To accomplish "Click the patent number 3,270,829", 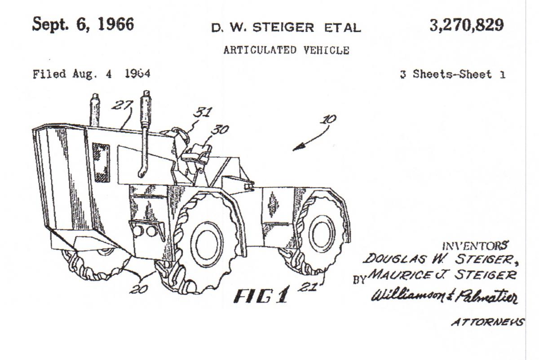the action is (467, 26).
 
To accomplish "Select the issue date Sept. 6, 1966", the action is (83, 24).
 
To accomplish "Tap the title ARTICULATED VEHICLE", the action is (287, 50).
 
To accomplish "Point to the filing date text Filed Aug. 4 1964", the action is (92, 74).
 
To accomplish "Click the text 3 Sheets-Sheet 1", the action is (453, 75).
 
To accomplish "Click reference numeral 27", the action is (122, 105).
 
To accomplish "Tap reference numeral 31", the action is (203, 112).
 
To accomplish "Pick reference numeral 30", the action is (220, 130).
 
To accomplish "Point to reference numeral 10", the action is (328, 119).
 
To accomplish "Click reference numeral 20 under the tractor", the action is (139, 289).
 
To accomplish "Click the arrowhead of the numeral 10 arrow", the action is (297, 147).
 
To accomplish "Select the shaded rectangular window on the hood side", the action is (101, 163).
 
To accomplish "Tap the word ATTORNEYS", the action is (488, 322).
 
